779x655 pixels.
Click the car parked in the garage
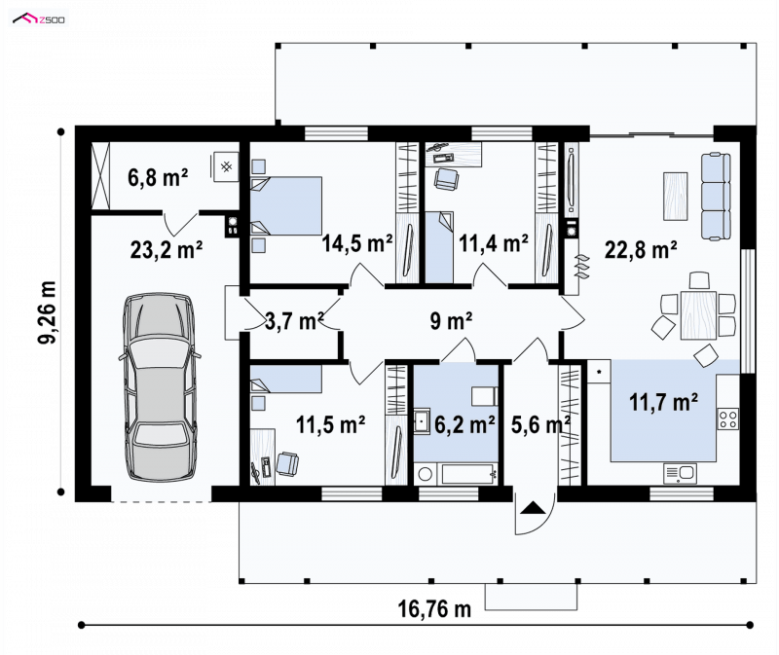pos(160,387)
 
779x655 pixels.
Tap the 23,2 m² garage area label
pos(167,249)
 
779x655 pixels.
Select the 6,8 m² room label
pos(158,177)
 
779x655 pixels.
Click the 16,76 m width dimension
pos(434,608)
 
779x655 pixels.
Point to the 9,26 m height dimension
pos(48,312)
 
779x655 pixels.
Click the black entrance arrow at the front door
pos(533,507)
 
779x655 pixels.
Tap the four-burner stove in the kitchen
pos(727,418)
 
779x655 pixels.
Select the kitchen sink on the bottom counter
pos(680,473)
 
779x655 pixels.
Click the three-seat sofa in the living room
pos(716,196)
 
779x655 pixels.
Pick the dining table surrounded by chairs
pos(698,315)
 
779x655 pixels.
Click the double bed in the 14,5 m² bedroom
pos(286,205)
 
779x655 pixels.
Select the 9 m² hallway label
pos(451,321)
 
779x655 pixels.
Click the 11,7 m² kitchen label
pos(663,401)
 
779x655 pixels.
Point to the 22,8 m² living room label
pos(641,250)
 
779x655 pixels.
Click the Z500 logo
pos(39,19)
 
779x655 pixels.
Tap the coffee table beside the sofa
pos(676,197)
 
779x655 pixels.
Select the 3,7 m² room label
pos(294,321)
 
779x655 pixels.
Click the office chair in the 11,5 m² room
pos(287,463)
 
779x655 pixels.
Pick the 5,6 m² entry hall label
pos(540,424)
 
